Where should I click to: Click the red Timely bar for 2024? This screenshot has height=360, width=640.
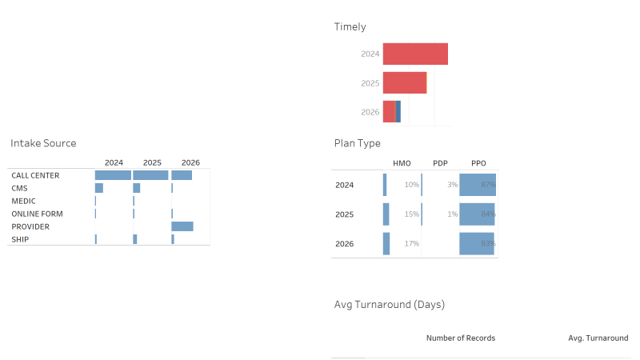click(x=415, y=54)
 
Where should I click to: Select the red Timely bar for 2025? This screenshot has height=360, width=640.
click(x=405, y=83)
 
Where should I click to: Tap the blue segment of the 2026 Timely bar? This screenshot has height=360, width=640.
click(x=398, y=111)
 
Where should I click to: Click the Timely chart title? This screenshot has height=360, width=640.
click(x=350, y=27)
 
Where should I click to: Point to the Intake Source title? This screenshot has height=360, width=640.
click(x=43, y=143)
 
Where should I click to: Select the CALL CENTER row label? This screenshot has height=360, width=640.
click(x=35, y=175)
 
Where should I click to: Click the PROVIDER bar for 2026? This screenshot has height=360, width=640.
click(x=182, y=226)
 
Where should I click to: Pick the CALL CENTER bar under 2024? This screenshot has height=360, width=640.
click(x=113, y=175)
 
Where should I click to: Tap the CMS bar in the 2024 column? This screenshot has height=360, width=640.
click(x=99, y=188)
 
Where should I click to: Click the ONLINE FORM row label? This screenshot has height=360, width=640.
click(x=37, y=214)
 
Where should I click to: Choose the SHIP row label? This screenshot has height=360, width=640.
click(x=20, y=239)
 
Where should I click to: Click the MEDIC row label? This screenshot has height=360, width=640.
click(x=23, y=201)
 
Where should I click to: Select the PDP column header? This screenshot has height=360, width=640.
click(x=440, y=163)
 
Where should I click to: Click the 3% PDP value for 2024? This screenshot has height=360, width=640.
click(x=453, y=185)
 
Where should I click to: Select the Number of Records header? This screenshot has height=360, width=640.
click(x=461, y=338)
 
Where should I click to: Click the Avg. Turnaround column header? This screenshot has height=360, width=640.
click(x=598, y=338)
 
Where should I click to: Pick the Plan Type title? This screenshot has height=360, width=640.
click(x=358, y=143)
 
